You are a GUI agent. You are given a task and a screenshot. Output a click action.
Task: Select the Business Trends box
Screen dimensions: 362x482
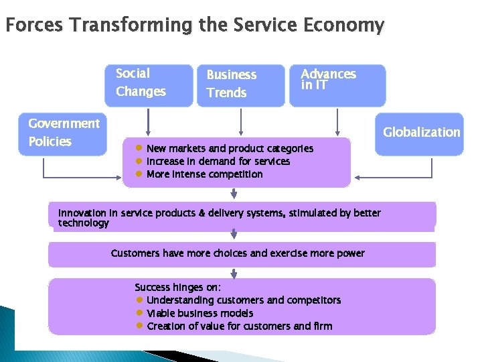(240, 85)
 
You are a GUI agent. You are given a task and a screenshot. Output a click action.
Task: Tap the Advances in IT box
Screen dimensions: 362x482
(337, 85)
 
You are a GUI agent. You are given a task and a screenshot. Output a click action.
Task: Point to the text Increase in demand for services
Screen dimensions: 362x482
(218, 162)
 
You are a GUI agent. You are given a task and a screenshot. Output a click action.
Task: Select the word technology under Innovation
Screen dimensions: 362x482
(84, 223)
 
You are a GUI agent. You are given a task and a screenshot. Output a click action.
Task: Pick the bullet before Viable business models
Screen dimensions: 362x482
(140, 313)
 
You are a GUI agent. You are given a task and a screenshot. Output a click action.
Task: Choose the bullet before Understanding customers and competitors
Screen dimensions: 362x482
(140, 300)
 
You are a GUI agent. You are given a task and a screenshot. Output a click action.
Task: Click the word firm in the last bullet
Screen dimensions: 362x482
(321, 326)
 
